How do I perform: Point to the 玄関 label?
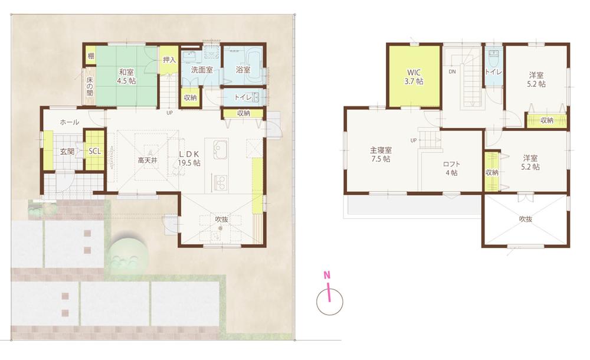(x=67, y=152)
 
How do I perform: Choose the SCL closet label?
(x=94, y=151)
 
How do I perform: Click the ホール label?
(x=70, y=122)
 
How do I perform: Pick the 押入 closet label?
(x=169, y=60)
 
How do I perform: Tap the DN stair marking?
(x=452, y=72)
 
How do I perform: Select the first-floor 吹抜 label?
(x=222, y=220)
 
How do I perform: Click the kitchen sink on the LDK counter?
(x=217, y=148)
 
